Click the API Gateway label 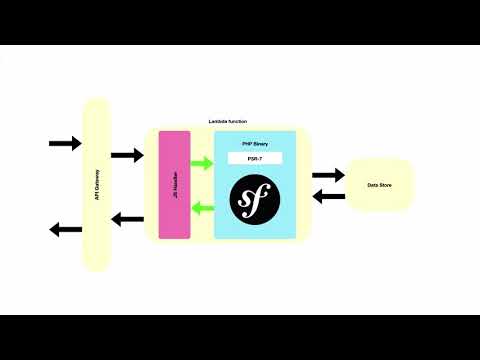[x=96, y=185]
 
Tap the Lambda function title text [x=229, y=121]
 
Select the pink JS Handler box [x=174, y=184]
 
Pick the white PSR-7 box [x=255, y=158]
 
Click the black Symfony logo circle [x=255, y=200]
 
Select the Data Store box [x=379, y=185]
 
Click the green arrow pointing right [x=202, y=163]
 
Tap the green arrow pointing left [x=202, y=208]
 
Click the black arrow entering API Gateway [x=65, y=144]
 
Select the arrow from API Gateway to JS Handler [x=127, y=155]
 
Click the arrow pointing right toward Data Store [x=328, y=176]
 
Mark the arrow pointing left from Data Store [x=328, y=196]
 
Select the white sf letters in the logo [x=255, y=200]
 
